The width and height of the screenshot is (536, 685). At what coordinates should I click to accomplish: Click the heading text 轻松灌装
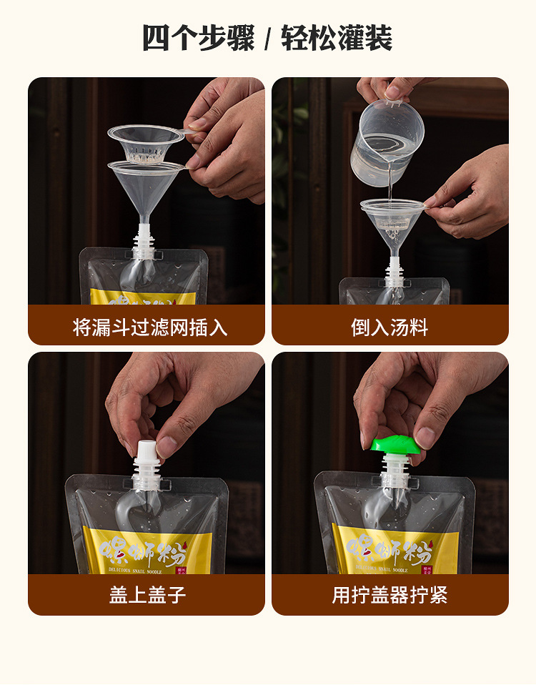[x=336, y=38]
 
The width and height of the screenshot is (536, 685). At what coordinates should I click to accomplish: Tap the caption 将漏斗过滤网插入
[x=150, y=327]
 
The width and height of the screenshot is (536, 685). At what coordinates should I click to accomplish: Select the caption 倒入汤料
[x=389, y=327]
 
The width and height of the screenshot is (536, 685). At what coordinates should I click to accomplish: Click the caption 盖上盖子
[x=147, y=595]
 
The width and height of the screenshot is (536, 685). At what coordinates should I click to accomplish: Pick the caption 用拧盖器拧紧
[x=389, y=595]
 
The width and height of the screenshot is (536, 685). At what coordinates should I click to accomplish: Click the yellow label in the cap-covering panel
[x=147, y=551]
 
